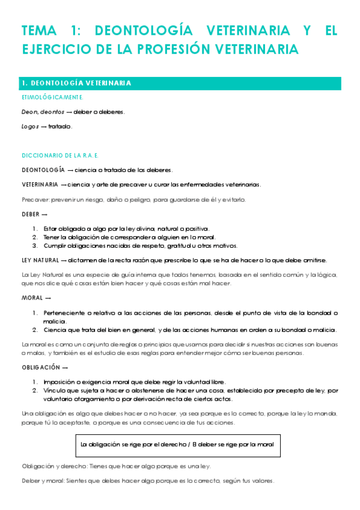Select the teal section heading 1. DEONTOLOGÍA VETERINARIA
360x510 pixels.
(76, 83)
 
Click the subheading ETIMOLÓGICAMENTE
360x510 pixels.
(52, 97)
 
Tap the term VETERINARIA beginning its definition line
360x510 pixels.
(40, 184)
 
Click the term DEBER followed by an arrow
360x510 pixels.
(31, 214)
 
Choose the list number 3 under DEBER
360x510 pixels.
(35, 245)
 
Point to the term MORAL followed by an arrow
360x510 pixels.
(32, 298)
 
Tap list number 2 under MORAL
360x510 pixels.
(35, 329)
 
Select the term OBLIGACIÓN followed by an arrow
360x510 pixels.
(41, 367)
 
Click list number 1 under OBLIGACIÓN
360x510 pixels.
(35, 382)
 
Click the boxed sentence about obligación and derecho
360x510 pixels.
(177, 445)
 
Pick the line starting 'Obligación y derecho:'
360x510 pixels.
(116, 466)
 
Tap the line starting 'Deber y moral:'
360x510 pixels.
(148, 481)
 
